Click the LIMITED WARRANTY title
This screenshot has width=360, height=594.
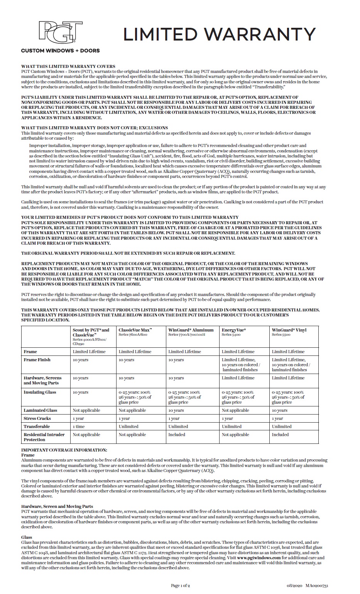coord(220,35)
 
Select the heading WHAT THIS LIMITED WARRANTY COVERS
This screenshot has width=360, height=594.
coord(68,66)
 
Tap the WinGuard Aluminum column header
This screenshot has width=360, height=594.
coord(191,330)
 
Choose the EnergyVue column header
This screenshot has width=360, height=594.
coord(234,330)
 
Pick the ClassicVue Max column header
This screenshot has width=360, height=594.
coord(135,330)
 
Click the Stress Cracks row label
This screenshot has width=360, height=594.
coord(37,418)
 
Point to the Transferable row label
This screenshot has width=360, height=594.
coord(37,426)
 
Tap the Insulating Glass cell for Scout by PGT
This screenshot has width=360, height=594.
coord(80,392)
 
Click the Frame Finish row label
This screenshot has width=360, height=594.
coord(37,360)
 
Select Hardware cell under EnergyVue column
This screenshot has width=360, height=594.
coord(238,378)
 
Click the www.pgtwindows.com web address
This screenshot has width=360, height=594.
coord(259,558)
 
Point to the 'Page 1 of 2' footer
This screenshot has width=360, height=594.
coord(180,586)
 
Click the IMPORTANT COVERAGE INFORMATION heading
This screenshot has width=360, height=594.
coord(64,450)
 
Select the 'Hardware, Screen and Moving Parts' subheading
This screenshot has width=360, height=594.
coord(57,506)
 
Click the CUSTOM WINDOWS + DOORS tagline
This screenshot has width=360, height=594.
coord(60,51)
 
